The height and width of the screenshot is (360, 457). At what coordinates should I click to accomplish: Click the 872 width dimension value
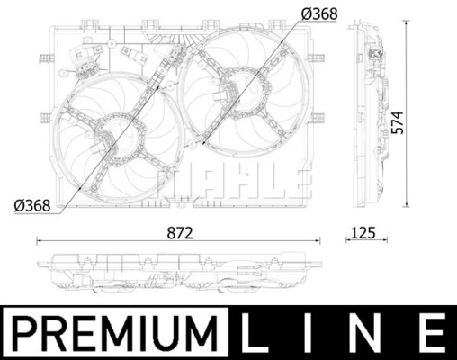[x=180, y=233]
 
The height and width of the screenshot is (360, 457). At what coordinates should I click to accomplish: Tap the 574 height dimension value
[x=399, y=122]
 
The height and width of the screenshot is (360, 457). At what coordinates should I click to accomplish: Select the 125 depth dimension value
[x=363, y=233]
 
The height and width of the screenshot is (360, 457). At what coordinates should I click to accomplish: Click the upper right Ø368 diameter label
[x=319, y=14]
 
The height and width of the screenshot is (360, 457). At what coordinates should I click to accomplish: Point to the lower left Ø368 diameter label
[x=32, y=206]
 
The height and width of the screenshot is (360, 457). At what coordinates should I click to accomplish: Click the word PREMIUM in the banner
[x=115, y=333]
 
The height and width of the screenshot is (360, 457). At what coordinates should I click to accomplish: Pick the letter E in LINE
[x=430, y=333]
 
